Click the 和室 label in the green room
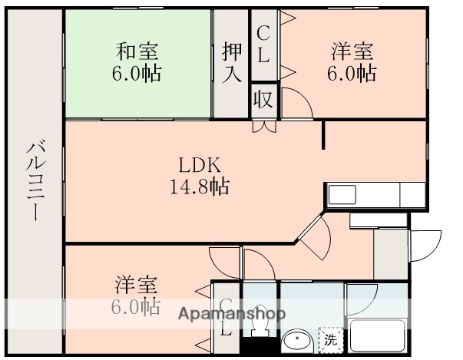pyautogui.click(x=137, y=53)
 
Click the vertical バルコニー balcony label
pyautogui.click(x=35, y=181)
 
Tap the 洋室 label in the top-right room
pyautogui.click(x=352, y=53)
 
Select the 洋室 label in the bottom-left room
pyautogui.click(x=137, y=285)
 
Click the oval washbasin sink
pyautogui.click(x=296, y=341)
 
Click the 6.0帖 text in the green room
pyautogui.click(x=137, y=75)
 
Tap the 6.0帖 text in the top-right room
pyautogui.click(x=352, y=75)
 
